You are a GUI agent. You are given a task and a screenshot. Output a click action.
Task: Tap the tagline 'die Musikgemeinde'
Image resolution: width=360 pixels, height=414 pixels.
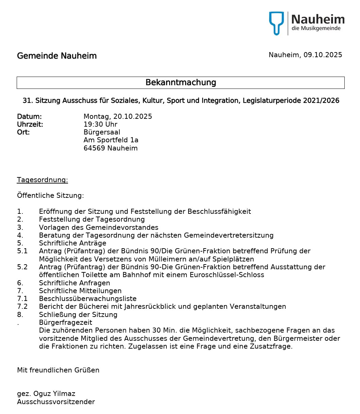316,28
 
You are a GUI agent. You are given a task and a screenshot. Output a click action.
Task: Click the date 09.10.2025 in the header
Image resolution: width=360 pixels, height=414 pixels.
323,55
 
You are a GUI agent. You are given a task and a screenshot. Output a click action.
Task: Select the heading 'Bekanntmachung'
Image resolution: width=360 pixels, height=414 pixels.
181,82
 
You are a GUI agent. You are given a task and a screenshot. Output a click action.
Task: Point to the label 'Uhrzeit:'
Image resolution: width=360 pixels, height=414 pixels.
30,124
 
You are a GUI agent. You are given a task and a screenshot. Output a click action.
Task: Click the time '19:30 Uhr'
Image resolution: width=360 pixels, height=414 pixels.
100,124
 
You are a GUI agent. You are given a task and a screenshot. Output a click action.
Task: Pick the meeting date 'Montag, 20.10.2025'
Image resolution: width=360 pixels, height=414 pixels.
118,116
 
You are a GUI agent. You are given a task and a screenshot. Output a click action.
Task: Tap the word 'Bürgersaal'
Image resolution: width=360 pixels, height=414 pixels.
102,132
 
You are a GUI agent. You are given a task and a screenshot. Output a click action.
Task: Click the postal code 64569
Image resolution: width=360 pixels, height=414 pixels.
94,148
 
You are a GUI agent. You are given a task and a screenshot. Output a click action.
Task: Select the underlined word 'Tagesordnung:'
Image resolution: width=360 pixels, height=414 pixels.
43,180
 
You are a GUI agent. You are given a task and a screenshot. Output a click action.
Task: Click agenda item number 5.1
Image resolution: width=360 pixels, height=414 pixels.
22,251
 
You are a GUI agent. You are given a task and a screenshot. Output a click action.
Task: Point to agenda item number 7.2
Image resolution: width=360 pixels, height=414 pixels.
22,306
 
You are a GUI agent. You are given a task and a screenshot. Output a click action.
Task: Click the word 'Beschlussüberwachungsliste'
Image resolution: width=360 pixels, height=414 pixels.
88,299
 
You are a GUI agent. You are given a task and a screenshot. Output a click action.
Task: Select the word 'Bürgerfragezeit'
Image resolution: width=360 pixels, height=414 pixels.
66,322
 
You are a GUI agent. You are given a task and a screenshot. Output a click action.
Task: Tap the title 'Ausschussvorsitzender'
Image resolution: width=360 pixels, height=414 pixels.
56,402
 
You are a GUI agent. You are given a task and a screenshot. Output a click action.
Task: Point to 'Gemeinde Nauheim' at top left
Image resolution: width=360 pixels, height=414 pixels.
57,56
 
